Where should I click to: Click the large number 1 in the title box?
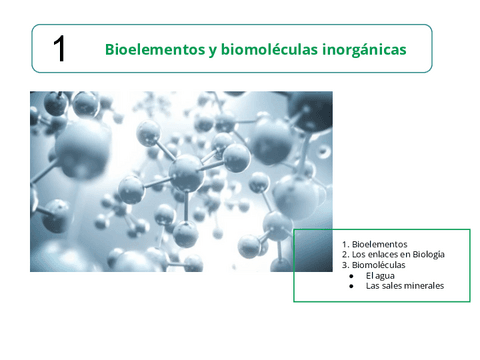point(59,49)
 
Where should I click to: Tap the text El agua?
point(380,275)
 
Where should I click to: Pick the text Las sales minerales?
point(405,286)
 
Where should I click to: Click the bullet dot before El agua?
point(351,276)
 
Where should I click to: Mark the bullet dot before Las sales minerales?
point(351,287)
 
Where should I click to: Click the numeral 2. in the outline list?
point(345,255)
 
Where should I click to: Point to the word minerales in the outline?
point(424,286)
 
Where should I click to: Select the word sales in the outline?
point(391,286)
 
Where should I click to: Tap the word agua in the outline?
point(385,276)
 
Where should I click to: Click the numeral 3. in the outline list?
point(345,265)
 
